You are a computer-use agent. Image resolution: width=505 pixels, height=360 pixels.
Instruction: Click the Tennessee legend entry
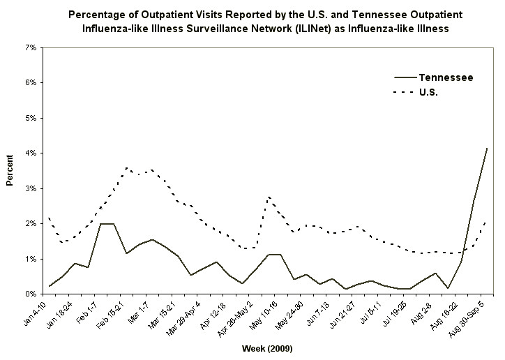445,77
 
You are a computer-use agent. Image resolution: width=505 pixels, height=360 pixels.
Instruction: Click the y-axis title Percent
10,171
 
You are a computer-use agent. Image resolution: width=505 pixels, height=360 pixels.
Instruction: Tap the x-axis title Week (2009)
266,347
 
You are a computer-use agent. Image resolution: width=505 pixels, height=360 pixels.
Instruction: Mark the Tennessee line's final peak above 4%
486,149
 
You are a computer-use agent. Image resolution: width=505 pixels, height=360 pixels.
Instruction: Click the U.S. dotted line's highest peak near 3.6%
126,167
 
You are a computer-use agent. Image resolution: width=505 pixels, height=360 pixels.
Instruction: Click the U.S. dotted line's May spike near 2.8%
269,197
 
